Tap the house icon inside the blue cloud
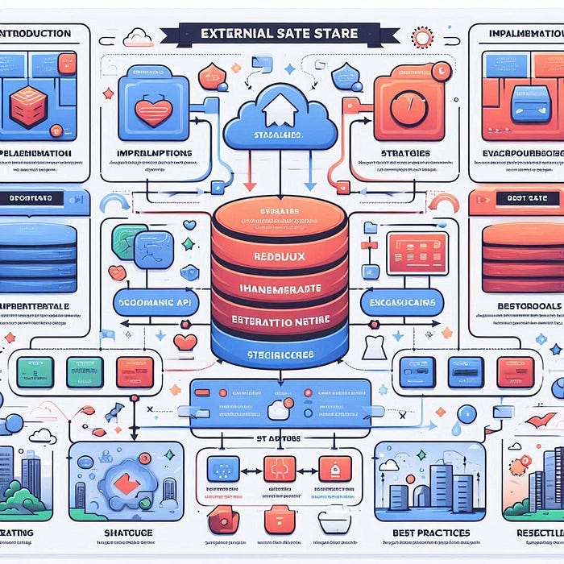pyautogui.click(x=278, y=105)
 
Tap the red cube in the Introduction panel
pyautogui.click(x=28, y=106)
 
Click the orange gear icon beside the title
pyautogui.click(x=421, y=37)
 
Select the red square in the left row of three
pyautogui.click(x=134, y=371)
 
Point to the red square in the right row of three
pyautogui.click(x=514, y=371)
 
